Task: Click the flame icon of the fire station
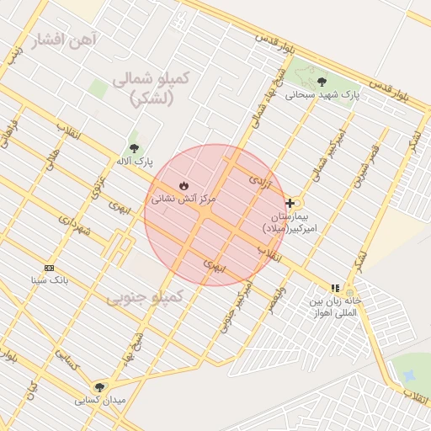click(184, 185)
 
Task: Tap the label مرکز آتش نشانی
click(184, 200)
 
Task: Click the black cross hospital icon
click(290, 203)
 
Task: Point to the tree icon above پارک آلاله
click(134, 148)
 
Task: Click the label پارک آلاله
click(134, 161)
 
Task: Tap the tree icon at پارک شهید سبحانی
click(322, 82)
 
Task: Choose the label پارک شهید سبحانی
click(322, 95)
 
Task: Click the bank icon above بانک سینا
click(49, 268)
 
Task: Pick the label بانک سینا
click(49, 279)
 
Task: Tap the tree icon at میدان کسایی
click(100, 387)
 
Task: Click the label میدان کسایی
click(100, 400)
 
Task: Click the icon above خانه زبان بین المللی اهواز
click(335, 288)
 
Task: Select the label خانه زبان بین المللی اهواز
click(334, 306)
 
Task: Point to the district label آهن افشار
click(65, 40)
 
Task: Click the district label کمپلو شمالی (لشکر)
click(152, 88)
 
